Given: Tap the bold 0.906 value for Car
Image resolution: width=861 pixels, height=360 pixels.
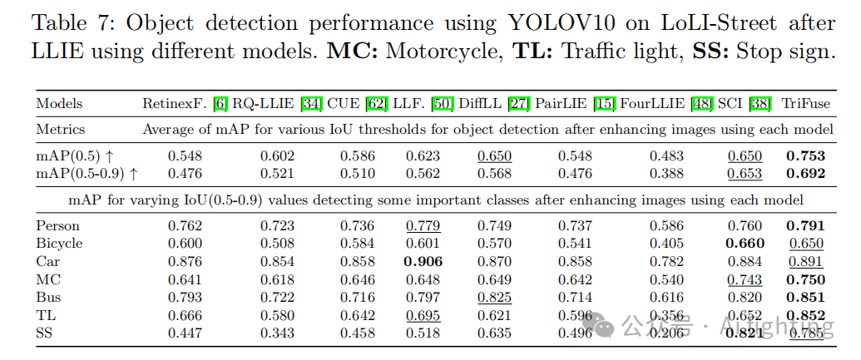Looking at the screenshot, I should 423,261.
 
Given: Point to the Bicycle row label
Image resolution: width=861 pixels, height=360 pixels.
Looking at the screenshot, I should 59,243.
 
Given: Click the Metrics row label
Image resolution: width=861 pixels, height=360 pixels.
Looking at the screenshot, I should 60,129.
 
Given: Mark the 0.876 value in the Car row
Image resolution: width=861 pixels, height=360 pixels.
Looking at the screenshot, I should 185,261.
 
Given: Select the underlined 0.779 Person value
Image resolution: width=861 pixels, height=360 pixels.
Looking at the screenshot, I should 423,224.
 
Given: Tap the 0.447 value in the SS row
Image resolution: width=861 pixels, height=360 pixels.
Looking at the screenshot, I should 185,333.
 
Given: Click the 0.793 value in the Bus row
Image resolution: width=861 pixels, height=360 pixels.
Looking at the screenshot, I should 185,297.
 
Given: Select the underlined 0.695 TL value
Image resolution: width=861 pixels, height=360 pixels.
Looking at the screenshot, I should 423,315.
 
